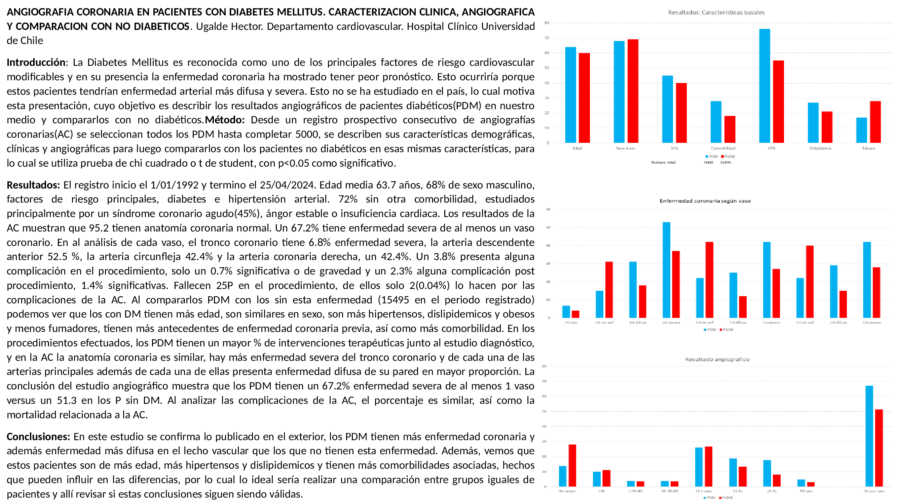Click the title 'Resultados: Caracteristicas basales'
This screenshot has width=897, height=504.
716,12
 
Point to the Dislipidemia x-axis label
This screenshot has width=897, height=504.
820,148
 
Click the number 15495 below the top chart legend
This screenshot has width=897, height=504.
725,162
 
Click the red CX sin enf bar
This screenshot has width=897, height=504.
709,280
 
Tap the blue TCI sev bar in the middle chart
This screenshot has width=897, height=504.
566,312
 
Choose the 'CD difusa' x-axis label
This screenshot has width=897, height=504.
838,323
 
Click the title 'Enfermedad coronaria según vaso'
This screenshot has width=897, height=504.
705,201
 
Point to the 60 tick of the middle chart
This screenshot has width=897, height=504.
548,209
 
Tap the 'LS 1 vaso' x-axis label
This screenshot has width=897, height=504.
703,491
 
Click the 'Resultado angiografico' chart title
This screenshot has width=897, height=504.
717,359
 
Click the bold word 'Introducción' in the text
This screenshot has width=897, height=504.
36,62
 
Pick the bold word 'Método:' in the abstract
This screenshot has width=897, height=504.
225,120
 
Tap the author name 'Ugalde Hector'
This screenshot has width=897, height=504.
229,27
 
